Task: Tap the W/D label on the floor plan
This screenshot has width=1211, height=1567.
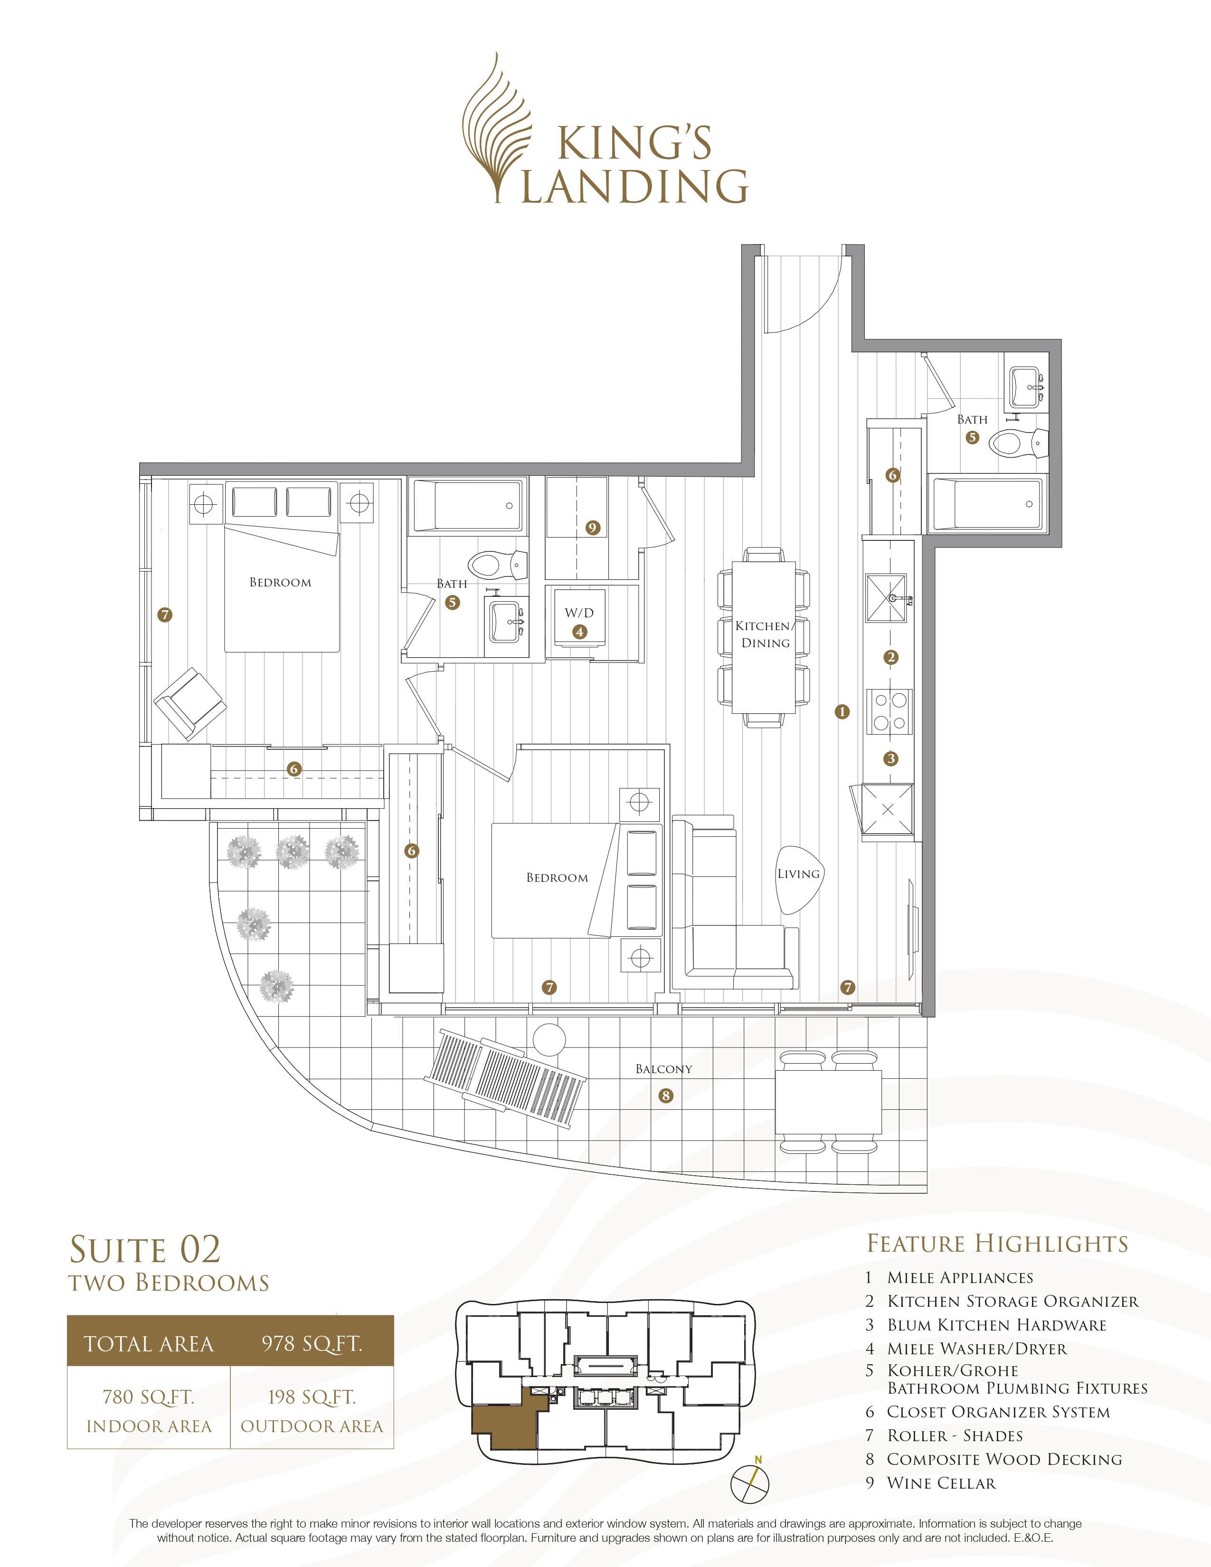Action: (x=579, y=613)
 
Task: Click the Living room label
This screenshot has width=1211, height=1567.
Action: (x=798, y=874)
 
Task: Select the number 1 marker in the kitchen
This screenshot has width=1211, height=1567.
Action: (x=842, y=712)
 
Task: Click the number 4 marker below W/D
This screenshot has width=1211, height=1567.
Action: (x=579, y=632)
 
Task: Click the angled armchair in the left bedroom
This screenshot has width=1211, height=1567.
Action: (x=190, y=703)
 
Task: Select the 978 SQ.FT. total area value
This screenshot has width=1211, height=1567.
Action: (x=312, y=1343)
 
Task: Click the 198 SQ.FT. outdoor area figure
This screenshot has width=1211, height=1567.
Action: (x=312, y=1397)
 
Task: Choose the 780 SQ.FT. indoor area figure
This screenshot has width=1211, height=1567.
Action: (x=149, y=1397)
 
